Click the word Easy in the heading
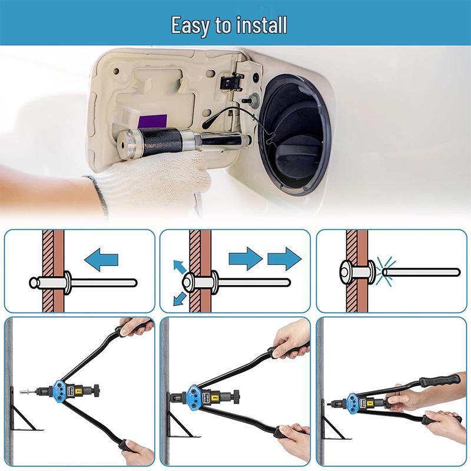coord(189,25)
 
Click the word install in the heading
coord(264,25)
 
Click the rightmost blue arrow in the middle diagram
coord(284,258)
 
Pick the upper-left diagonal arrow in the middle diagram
coord(178,266)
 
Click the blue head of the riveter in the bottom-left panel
coord(59,390)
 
